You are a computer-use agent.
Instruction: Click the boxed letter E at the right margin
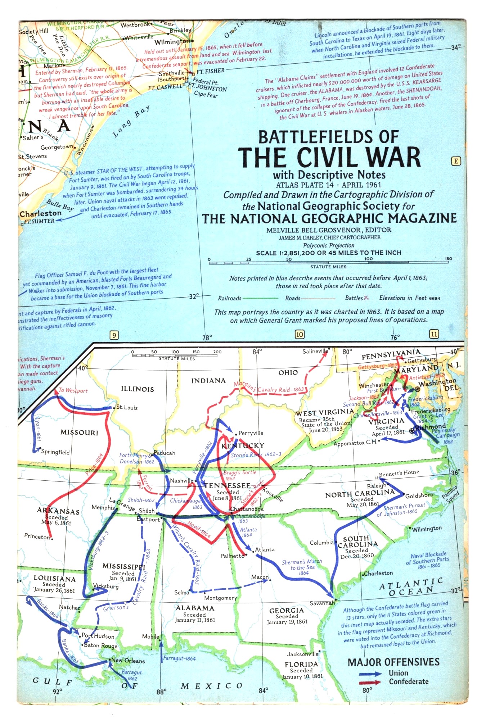456,161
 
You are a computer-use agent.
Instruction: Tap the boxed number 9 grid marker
114,335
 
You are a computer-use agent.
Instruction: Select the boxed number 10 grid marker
300,334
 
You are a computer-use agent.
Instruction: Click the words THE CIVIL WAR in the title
329,157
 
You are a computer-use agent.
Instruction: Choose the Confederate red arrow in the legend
370,682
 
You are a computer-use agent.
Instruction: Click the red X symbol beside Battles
366,298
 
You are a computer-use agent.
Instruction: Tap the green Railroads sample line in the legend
260,298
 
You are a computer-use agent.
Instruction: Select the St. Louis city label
127,408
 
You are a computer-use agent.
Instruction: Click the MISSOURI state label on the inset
79,432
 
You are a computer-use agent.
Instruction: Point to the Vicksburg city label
106,586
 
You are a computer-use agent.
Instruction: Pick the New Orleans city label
128,661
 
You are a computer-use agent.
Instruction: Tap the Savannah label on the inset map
322,603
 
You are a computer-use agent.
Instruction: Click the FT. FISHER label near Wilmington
211,71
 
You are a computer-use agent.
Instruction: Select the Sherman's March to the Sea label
302,567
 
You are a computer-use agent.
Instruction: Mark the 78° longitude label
207,337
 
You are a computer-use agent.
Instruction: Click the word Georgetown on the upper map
57,147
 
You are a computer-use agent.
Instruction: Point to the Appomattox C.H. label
355,443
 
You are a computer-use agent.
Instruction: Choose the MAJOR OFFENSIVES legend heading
393,662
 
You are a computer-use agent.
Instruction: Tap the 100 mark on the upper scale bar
368,259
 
